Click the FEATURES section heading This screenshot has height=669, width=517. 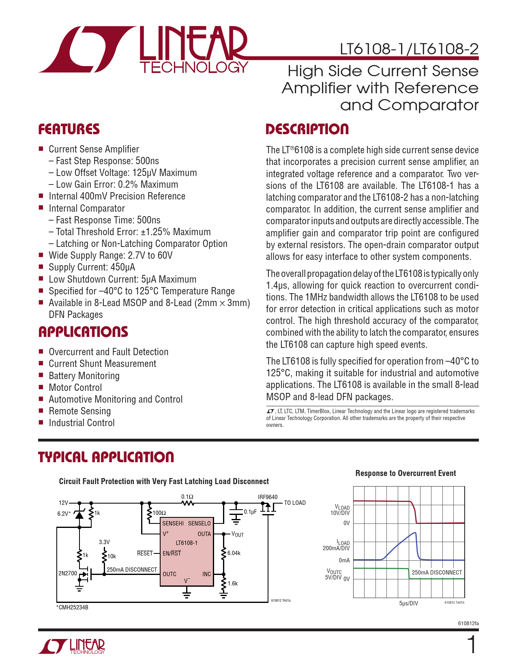(69, 129)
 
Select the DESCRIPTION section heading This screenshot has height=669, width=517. (307, 129)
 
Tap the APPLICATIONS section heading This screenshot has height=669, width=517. (83, 332)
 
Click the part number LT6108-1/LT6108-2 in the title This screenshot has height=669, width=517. (409, 49)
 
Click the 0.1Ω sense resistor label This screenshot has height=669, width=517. (187, 497)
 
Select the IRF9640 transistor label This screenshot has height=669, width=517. (268, 497)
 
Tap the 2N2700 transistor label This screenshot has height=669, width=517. (67, 573)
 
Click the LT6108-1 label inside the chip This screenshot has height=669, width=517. (187, 543)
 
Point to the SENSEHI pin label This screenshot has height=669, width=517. (173, 523)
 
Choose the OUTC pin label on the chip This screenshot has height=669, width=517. (169, 574)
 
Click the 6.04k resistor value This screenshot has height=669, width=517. (234, 553)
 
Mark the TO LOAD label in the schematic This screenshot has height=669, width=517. (295, 503)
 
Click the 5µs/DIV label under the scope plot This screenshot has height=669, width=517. (408, 603)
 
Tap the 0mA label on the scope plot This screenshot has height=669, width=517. (344, 560)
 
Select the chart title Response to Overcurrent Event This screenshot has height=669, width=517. (405, 473)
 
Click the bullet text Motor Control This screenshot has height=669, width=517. (75, 388)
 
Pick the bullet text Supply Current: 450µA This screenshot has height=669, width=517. (92, 267)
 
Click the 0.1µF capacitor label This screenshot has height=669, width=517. (250, 512)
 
